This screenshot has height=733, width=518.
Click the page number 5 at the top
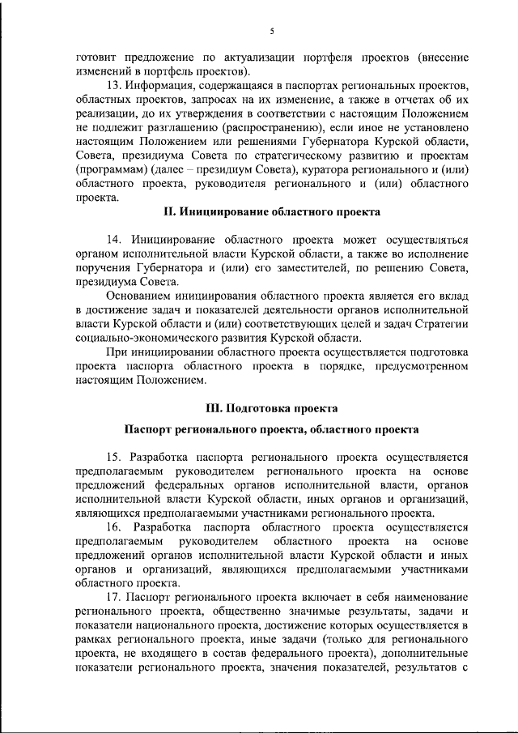click(x=272, y=31)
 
